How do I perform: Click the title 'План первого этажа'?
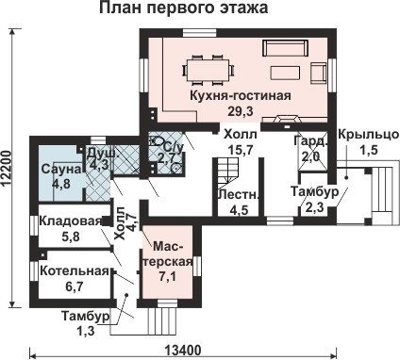pos(184,8)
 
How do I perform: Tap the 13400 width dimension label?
pos(183,350)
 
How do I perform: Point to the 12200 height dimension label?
pos(7,170)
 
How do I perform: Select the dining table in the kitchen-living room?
pos(208,70)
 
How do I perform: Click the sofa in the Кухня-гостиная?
pos(285,48)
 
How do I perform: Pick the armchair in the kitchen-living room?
pos(319,73)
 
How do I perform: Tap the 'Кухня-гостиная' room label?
pos(241,95)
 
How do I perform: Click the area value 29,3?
pos(241,111)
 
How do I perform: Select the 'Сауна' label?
pos(61,169)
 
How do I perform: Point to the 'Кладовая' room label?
pos(71,221)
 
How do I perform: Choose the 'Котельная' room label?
pos(75,270)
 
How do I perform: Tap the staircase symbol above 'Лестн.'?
pos(226,171)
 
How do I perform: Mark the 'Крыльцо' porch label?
pos(368,135)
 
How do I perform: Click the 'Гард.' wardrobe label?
pos(310,141)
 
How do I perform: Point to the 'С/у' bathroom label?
pos(174,148)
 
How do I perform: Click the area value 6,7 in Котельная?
pos(75,286)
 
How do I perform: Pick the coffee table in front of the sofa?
pos(285,73)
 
